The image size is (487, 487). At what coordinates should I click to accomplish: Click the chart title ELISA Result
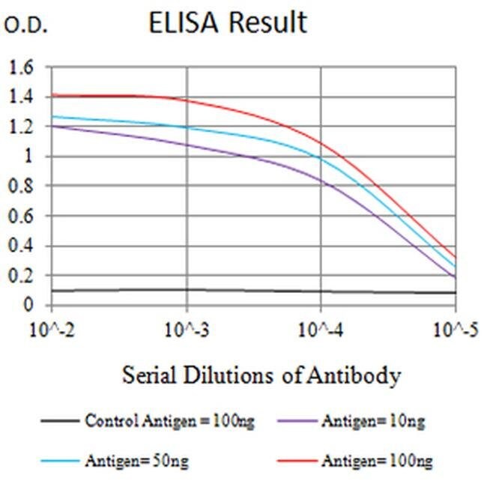[x=228, y=23]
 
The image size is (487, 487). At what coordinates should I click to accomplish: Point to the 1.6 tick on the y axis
[x=22, y=67]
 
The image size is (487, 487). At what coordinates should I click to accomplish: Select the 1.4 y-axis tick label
[x=22, y=97]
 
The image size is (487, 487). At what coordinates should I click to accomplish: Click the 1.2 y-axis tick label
[x=22, y=127]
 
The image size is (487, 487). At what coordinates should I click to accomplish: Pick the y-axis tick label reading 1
[x=29, y=157]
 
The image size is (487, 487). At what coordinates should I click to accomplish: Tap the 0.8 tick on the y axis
[x=22, y=187]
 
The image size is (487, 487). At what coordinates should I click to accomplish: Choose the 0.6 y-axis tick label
[x=22, y=217]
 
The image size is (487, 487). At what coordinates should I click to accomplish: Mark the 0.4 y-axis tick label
[x=22, y=246]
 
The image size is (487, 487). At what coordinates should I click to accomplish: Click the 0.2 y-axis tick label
[x=22, y=276]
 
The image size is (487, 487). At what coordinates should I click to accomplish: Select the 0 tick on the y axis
[x=29, y=306]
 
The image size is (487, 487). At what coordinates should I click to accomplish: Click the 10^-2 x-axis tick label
[x=51, y=329]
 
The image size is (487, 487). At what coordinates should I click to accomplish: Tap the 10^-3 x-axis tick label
[x=187, y=329]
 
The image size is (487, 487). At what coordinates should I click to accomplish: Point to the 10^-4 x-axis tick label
[x=321, y=329]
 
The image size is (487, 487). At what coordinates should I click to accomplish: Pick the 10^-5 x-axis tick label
[x=454, y=329]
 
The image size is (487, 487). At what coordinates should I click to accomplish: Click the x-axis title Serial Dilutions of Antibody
[x=261, y=375]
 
